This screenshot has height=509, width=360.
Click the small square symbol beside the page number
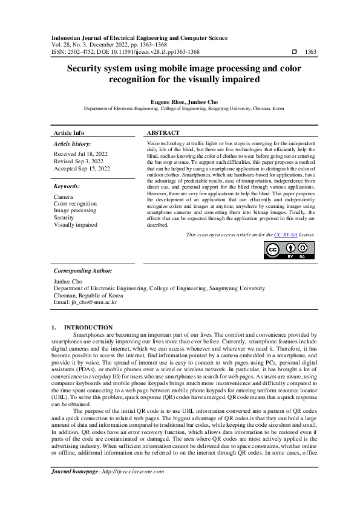294,52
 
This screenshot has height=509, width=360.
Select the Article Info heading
69,132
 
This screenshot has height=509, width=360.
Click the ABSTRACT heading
163,132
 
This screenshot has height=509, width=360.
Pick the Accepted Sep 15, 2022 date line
82,169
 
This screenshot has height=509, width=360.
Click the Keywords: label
68,186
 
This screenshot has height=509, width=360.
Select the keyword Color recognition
75,204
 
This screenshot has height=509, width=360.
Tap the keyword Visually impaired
76,224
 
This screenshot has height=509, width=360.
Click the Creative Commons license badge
281,250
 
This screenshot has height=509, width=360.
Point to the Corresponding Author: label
83,271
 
